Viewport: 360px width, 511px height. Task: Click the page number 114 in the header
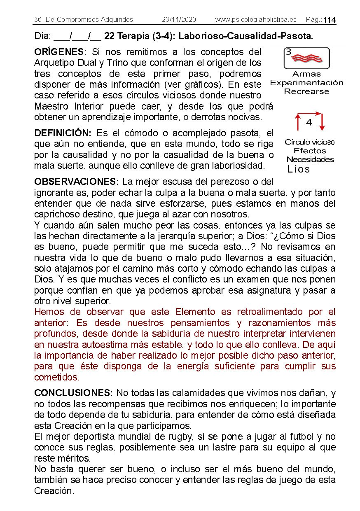(330, 20)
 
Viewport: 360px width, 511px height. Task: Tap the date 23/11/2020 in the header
(179, 20)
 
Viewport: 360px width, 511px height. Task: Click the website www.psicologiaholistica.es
(256, 20)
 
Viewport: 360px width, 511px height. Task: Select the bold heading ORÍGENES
(59, 52)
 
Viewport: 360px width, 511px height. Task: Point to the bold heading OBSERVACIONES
(77, 182)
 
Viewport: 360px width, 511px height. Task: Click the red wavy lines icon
(307, 58)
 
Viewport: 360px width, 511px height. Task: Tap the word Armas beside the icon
(306, 75)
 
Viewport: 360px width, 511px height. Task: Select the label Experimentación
(306, 83)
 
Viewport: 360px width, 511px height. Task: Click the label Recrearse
(306, 91)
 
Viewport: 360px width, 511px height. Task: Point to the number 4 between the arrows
(309, 122)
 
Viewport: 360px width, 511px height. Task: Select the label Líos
(298, 169)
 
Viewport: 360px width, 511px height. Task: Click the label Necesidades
(310, 160)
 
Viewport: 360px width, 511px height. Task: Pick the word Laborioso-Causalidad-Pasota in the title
(246, 36)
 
